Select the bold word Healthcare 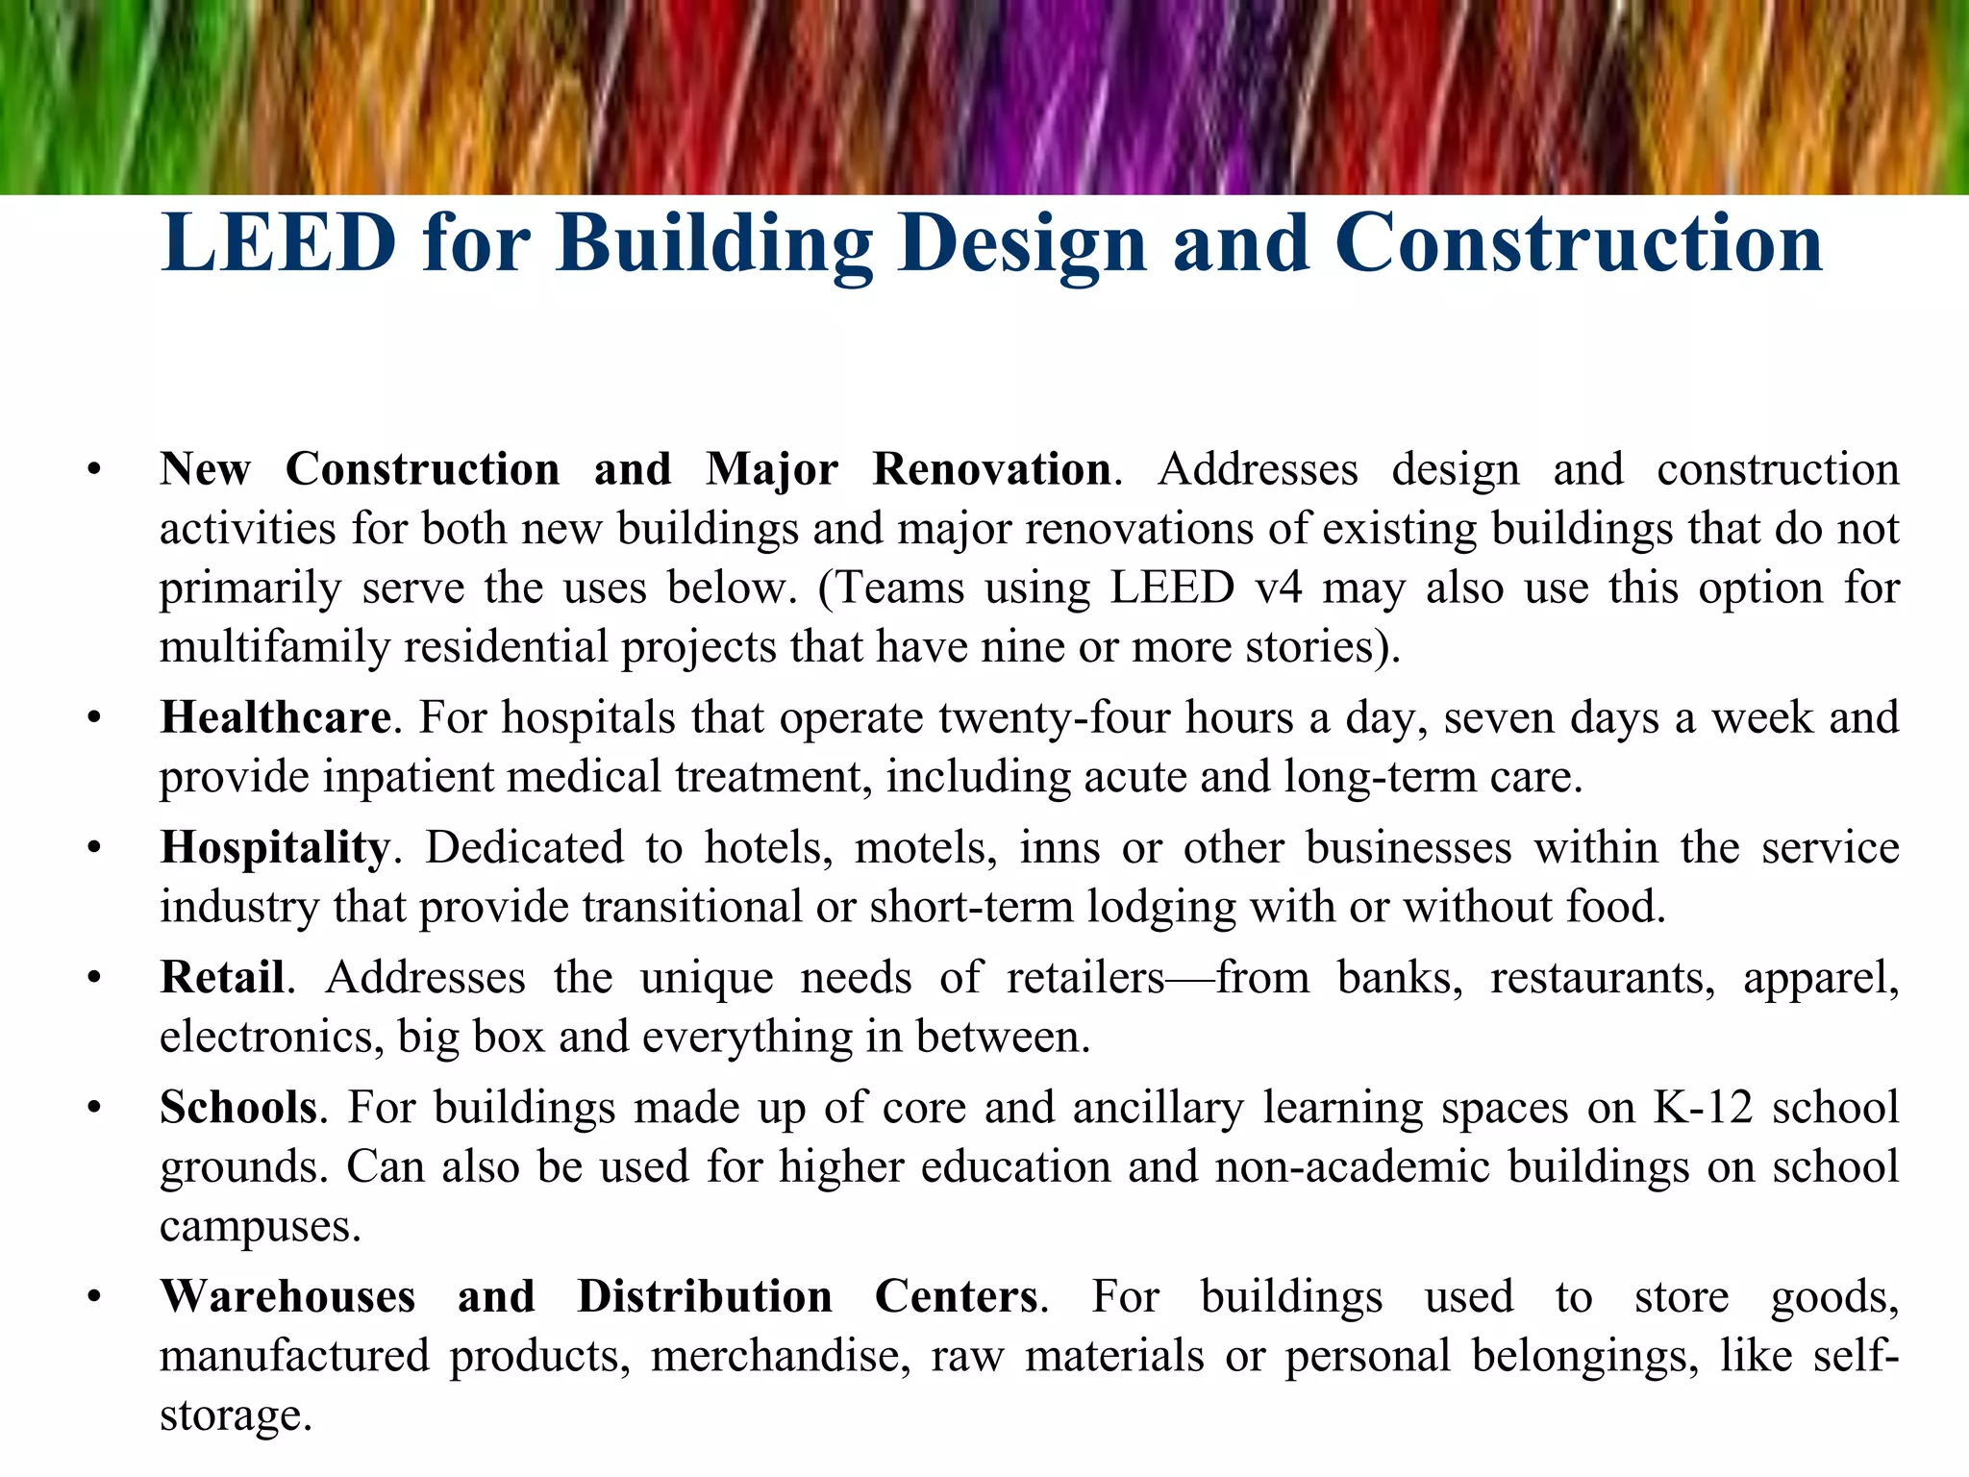tap(275, 717)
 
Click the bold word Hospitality tap(275, 848)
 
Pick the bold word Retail tap(222, 977)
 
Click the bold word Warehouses tap(287, 1296)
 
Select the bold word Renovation tap(991, 469)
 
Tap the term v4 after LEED tap(1278, 588)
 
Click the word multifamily tap(274, 646)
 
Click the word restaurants tap(1602, 978)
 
